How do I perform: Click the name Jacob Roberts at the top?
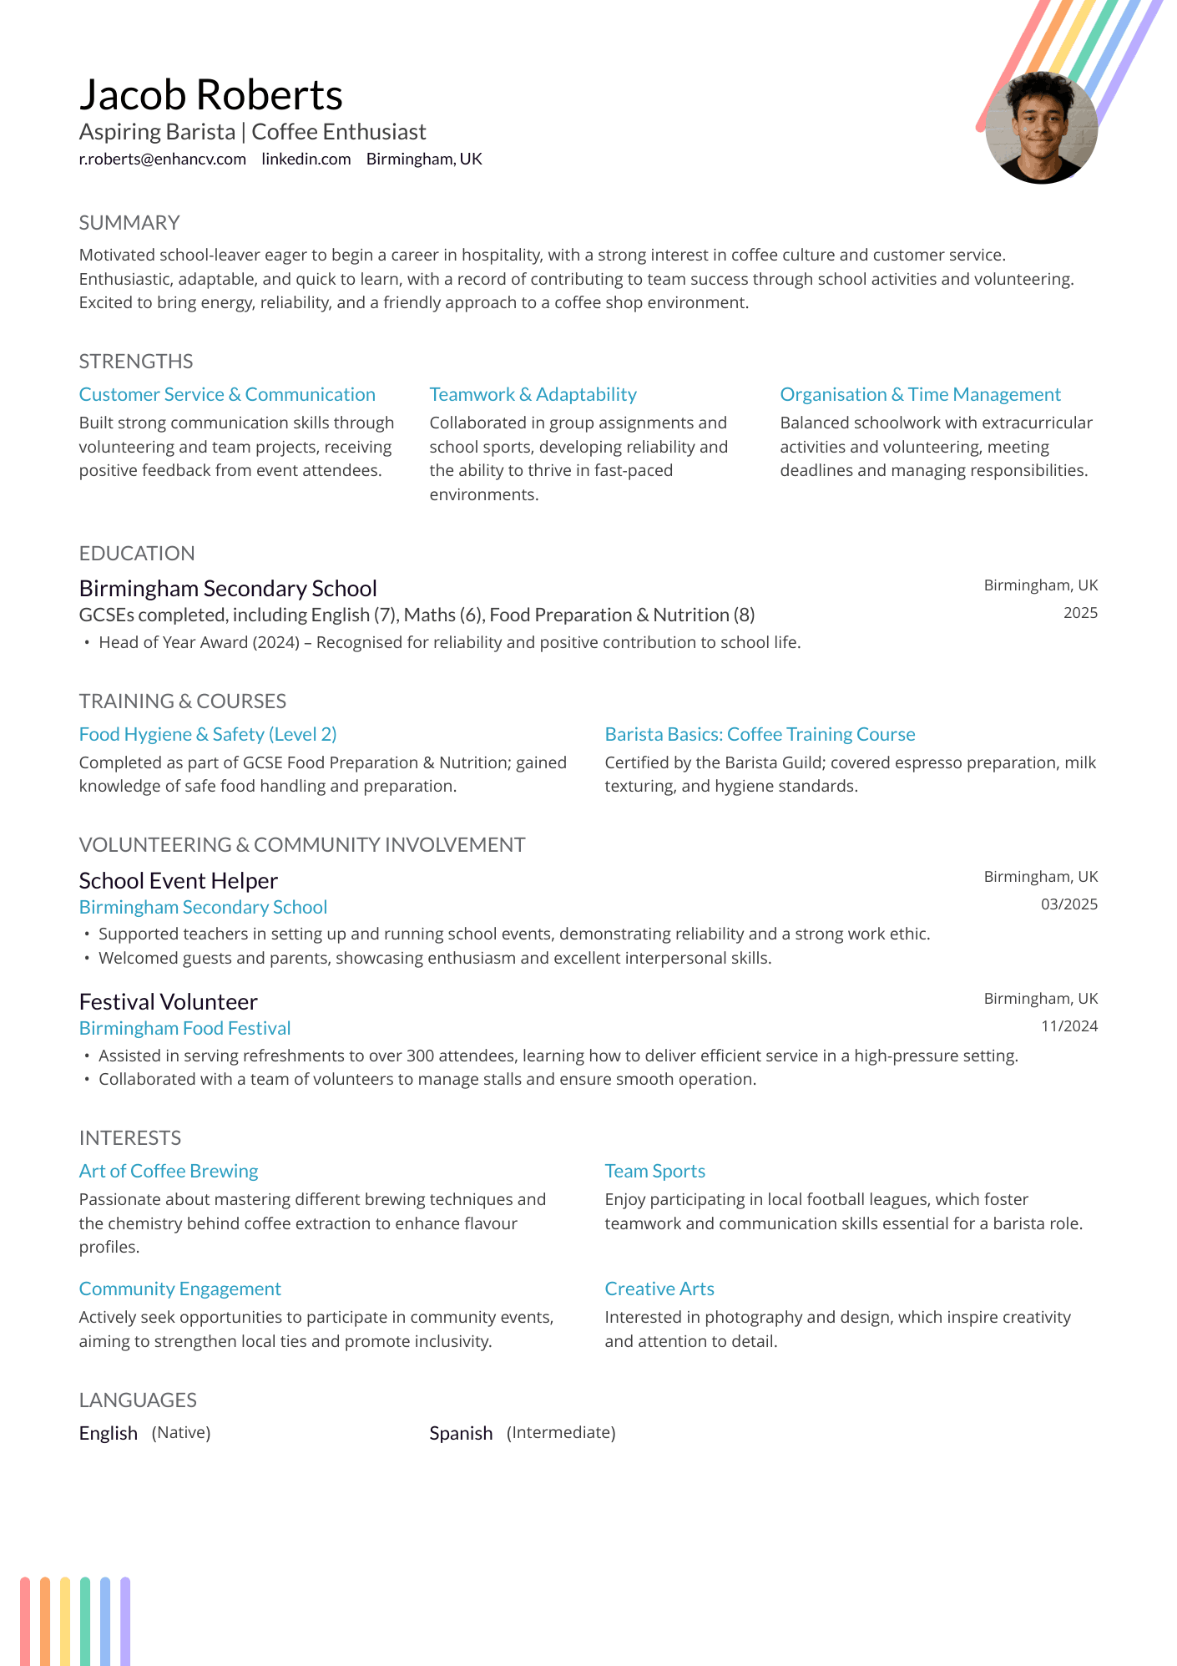pyautogui.click(x=210, y=95)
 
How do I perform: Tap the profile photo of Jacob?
pyautogui.click(x=1041, y=128)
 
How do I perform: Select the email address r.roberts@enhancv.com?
pyautogui.click(x=162, y=159)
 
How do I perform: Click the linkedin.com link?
pyautogui.click(x=306, y=159)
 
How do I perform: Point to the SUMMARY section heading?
pyautogui.click(x=129, y=223)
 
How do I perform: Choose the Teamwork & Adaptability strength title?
pyautogui.click(x=533, y=394)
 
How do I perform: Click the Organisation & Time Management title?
pyautogui.click(x=920, y=394)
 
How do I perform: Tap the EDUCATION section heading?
pyautogui.click(x=137, y=554)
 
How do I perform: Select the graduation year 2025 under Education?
pyautogui.click(x=1080, y=613)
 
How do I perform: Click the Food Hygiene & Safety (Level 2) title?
pyautogui.click(x=208, y=734)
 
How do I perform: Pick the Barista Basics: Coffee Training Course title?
pyautogui.click(x=760, y=734)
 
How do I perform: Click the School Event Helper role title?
pyautogui.click(x=178, y=881)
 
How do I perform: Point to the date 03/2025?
pyautogui.click(x=1068, y=904)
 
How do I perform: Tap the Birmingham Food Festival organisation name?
pyautogui.click(x=184, y=1028)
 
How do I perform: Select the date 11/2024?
pyautogui.click(x=1068, y=1026)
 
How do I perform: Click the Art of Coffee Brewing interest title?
pyautogui.click(x=169, y=1171)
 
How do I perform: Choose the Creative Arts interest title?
pyautogui.click(x=659, y=1289)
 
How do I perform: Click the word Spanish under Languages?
pyautogui.click(x=461, y=1433)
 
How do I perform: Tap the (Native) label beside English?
pyautogui.click(x=181, y=1433)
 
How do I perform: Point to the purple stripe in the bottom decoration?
pyautogui.click(x=125, y=1620)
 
